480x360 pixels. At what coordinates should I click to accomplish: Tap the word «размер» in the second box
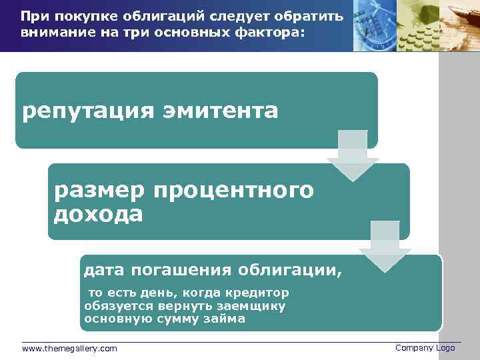(x=100, y=191)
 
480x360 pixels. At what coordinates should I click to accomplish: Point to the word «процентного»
(x=233, y=191)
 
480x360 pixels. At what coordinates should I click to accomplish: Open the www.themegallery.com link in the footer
(x=69, y=349)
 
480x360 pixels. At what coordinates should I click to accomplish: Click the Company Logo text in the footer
(x=425, y=348)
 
